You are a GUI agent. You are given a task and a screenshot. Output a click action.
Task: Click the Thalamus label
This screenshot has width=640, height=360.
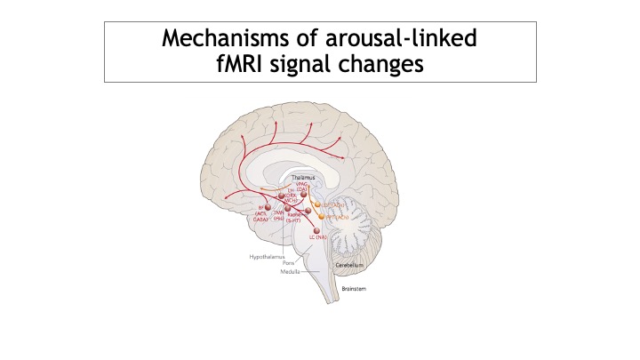303,179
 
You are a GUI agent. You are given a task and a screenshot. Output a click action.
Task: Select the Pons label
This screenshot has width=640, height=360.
288,263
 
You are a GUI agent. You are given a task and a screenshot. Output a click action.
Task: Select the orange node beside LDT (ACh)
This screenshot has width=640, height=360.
317,204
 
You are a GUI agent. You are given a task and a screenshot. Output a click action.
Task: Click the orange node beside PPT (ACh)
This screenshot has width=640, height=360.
322,216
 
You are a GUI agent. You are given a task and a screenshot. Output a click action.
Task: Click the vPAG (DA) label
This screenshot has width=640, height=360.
302,187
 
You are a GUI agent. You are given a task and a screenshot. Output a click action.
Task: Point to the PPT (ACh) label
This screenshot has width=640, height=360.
335,216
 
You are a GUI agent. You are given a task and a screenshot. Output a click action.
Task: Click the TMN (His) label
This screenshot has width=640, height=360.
277,216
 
